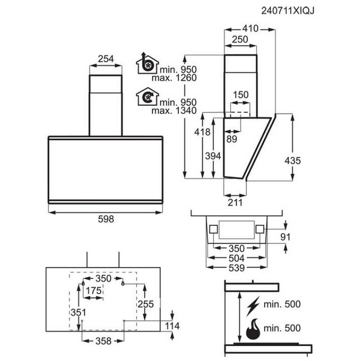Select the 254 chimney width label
click(x=106, y=59)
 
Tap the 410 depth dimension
click(x=250, y=28)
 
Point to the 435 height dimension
click(x=292, y=160)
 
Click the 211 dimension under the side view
click(x=235, y=202)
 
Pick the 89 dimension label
click(x=232, y=139)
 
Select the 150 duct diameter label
click(x=241, y=95)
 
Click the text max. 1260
click(x=174, y=78)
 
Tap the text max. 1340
click(x=174, y=111)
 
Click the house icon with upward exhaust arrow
click(x=147, y=64)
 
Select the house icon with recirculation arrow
click(x=147, y=98)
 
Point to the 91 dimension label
click(x=285, y=237)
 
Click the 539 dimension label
click(x=237, y=268)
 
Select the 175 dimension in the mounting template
click(x=94, y=290)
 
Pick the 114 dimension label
click(x=172, y=326)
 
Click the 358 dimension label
click(x=103, y=341)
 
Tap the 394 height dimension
click(x=213, y=156)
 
